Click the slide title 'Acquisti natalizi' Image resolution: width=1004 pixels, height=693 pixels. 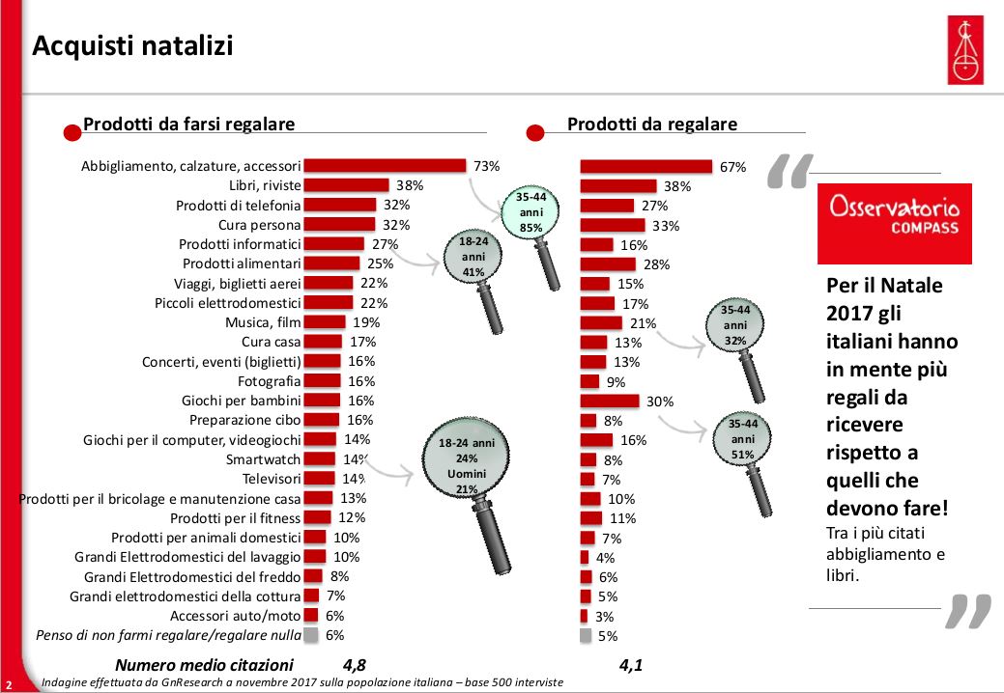pyautogui.click(x=132, y=45)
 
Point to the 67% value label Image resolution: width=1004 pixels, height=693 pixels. pyautogui.click(x=732, y=167)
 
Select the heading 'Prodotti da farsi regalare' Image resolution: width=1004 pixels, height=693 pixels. pyautogui.click(x=188, y=124)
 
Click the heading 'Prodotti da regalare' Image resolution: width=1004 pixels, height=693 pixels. pyautogui.click(x=651, y=124)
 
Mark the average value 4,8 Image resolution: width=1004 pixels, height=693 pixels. pyautogui.click(x=355, y=664)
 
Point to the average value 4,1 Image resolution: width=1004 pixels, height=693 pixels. pyautogui.click(x=631, y=664)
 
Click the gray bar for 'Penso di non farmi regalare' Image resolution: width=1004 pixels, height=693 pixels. pyautogui.click(x=310, y=635)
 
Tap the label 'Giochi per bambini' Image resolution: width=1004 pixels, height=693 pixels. pyautogui.click(x=242, y=400)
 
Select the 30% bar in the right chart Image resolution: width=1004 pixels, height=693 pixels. pyautogui.click(x=609, y=401)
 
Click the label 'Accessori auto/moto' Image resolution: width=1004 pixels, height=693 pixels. pyautogui.click(x=236, y=616)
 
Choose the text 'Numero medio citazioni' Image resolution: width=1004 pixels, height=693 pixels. pyautogui.click(x=203, y=664)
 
